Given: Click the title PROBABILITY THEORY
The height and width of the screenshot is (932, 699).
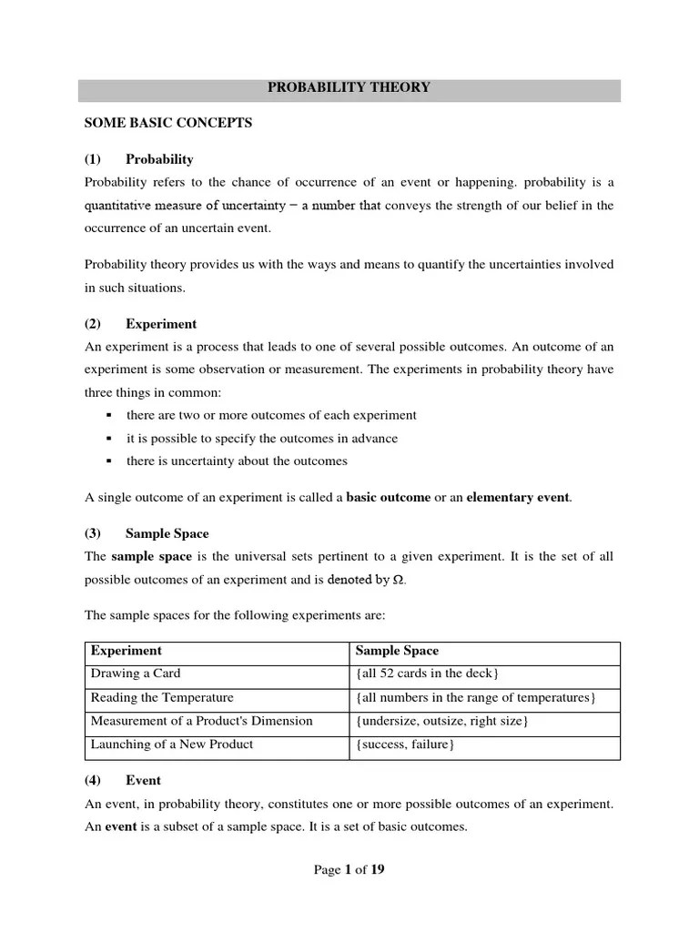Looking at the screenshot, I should coord(349,88).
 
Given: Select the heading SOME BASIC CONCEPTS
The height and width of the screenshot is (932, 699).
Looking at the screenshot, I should coord(167,123).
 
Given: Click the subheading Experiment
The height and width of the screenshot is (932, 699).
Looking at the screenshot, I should coord(160,324).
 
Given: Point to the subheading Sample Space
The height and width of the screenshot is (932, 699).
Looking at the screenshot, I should coord(167,533).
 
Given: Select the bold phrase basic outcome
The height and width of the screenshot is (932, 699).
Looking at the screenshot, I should coord(388,497).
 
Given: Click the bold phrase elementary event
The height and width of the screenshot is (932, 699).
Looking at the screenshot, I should coord(518,497).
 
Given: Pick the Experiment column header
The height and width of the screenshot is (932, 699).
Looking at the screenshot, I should coord(126,651).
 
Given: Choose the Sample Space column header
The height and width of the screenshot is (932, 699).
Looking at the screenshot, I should coord(396,651).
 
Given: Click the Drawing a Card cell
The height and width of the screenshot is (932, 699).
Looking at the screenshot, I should coord(136,674).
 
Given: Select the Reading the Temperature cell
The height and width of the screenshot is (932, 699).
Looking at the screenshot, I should coord(162,698).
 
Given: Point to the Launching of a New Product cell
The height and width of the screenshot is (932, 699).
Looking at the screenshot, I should coord(171,745).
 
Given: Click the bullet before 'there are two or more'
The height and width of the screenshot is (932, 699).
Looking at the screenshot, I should coord(108,415).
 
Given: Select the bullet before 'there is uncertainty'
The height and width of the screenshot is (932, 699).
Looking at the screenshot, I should coord(108,461).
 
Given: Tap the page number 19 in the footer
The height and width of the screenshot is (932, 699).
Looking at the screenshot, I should coord(377,870).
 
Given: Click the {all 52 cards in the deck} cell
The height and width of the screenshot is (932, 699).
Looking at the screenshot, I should coord(427,674).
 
